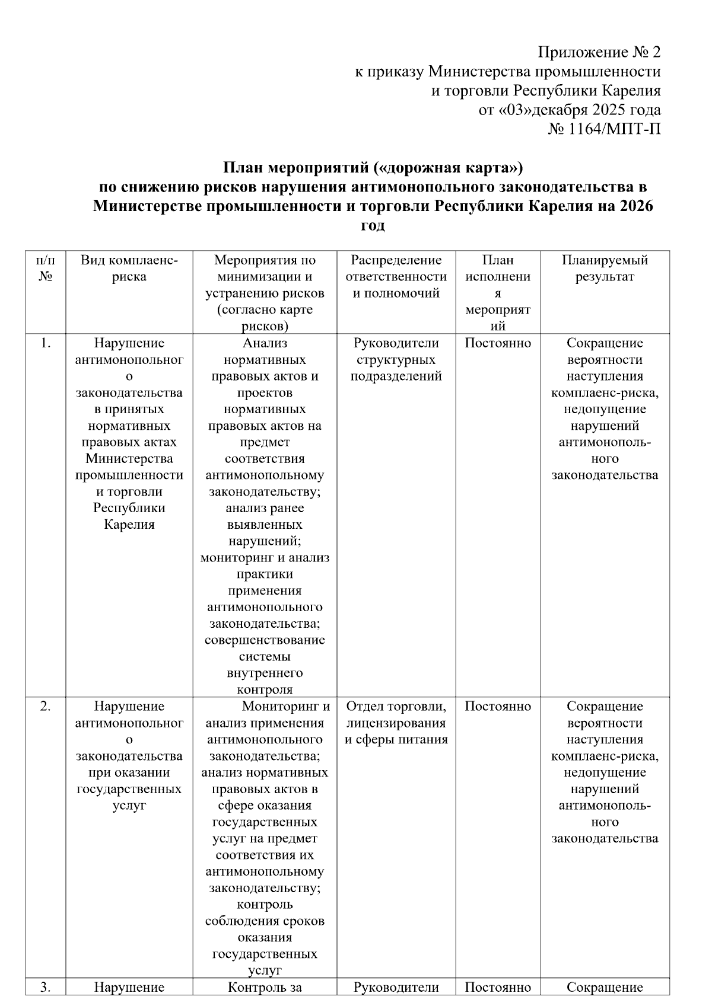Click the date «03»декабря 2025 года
coord(569,110)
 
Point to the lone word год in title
coord(373,226)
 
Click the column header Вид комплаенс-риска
coord(129,269)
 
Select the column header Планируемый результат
coord(605,269)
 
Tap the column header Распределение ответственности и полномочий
coord(396,277)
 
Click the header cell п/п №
coord(46,269)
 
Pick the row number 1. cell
coord(46,343)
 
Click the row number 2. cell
coord(46,707)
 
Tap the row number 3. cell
coord(46,988)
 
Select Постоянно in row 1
coord(498,343)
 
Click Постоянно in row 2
coord(498,707)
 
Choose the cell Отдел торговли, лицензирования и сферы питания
coord(396,723)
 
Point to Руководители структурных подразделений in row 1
coord(396,360)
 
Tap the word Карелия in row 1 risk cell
coord(129,525)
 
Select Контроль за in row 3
coord(265,988)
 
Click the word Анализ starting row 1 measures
coord(265,343)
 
